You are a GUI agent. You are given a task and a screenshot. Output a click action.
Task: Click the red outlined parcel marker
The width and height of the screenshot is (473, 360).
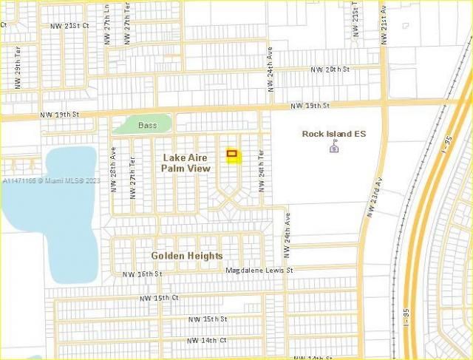click(232, 154)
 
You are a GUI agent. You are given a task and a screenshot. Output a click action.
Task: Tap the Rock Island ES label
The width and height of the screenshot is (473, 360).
click(334, 134)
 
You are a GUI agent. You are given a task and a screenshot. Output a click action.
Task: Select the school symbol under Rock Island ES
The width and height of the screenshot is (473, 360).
click(334, 148)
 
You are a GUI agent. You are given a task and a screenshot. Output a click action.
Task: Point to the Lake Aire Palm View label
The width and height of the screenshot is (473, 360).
click(186, 163)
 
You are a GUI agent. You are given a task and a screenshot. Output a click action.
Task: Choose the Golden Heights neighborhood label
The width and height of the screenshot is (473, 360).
click(187, 256)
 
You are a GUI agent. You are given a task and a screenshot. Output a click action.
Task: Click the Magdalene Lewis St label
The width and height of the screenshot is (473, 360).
click(259, 271)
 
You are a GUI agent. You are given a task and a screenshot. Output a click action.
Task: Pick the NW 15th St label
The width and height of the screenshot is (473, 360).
click(207, 319)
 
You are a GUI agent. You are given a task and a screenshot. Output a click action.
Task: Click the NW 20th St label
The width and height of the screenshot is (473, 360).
click(330, 69)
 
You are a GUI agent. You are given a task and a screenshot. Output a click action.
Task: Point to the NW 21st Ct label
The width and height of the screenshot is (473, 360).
click(69, 25)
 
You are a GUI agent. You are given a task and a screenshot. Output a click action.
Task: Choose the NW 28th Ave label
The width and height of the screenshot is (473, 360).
click(114, 169)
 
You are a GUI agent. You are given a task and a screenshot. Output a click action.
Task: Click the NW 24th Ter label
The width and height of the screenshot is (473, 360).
click(261, 171)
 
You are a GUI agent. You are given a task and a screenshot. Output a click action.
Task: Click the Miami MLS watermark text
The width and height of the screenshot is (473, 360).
click(52, 180)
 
